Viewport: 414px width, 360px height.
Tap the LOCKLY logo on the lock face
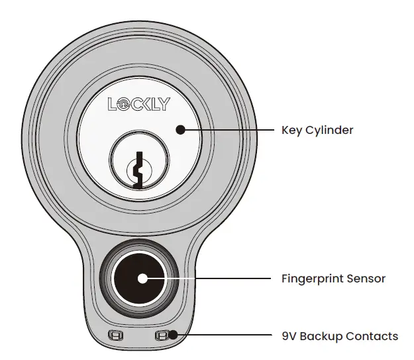click(x=138, y=104)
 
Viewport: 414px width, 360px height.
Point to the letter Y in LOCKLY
click(x=163, y=104)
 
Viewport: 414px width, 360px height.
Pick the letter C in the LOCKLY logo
click(x=133, y=104)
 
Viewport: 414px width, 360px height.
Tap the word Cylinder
click(x=329, y=131)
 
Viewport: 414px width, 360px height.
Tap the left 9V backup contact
click(x=116, y=335)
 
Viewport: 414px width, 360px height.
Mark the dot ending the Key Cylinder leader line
click(x=180, y=130)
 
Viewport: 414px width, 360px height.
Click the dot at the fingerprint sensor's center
click(x=142, y=278)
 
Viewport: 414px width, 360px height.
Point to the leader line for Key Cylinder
click(x=225, y=130)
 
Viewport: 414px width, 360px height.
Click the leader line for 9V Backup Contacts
click(x=225, y=335)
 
